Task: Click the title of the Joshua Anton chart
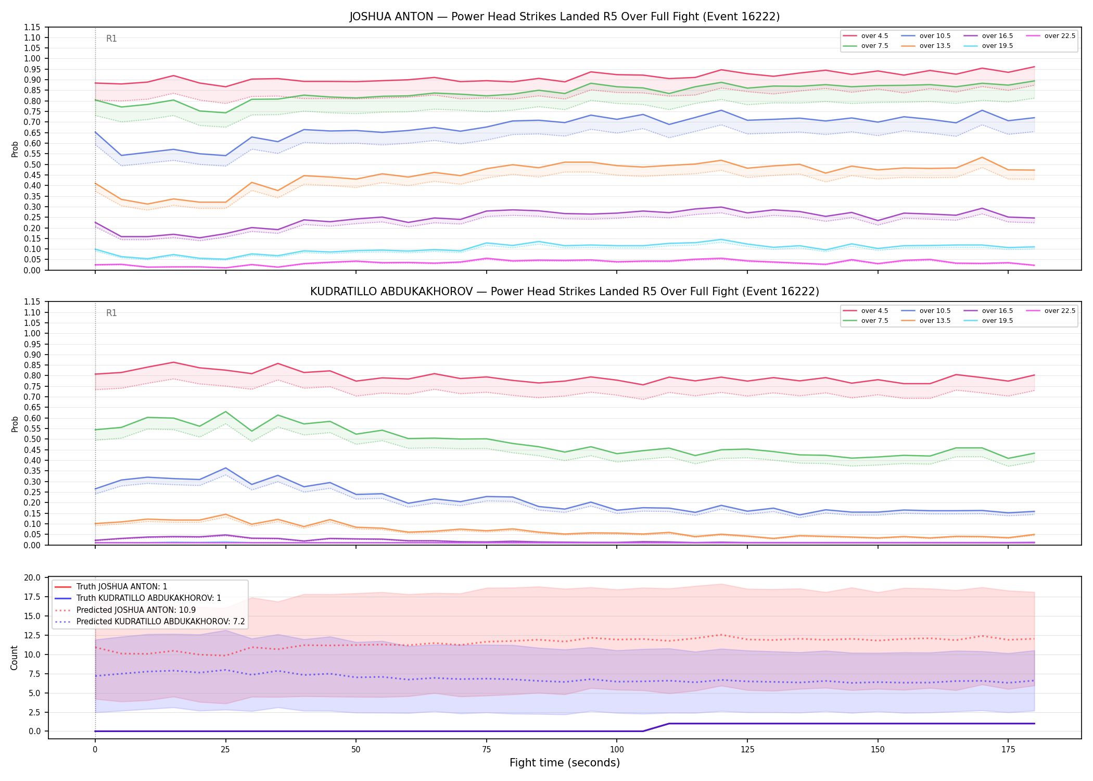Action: coord(564,17)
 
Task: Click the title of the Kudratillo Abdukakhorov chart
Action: coord(564,292)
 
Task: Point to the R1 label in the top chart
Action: coord(111,39)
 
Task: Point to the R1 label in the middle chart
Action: coord(111,313)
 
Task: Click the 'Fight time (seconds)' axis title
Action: coord(565,763)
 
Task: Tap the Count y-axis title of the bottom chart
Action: coord(14,658)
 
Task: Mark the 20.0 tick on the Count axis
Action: coord(33,577)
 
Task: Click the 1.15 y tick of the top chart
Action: coord(33,27)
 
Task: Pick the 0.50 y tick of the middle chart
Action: coord(33,439)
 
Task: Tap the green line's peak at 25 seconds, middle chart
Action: coord(225,412)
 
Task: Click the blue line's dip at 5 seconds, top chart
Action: coord(121,155)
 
